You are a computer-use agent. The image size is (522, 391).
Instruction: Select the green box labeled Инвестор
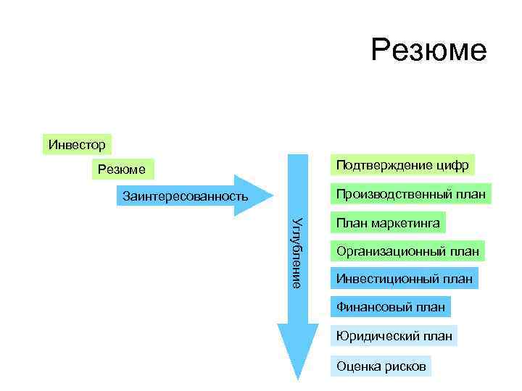tap(77, 144)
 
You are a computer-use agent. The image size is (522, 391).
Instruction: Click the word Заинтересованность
tap(186, 196)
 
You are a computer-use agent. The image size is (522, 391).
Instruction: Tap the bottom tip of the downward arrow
tap(298, 379)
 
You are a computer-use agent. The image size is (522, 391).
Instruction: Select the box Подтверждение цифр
tap(402, 165)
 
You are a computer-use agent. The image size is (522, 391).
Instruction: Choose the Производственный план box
tap(410, 194)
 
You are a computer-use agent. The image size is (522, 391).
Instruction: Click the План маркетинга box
tap(388, 223)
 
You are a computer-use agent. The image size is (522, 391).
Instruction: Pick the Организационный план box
tap(407, 252)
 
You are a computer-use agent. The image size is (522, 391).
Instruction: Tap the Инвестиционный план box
tap(404, 278)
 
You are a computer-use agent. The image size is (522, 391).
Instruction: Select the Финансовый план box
tap(390, 307)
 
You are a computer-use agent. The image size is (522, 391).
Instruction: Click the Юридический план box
tap(393, 336)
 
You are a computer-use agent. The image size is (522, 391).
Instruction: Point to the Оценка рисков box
tap(381, 366)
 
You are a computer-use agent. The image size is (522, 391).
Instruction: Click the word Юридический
tap(372, 336)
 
